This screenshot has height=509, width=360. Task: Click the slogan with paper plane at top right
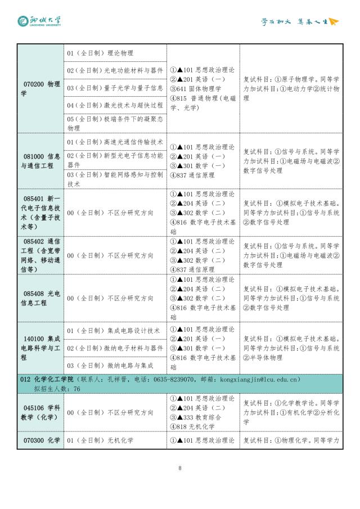300,22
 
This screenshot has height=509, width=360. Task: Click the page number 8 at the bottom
179,468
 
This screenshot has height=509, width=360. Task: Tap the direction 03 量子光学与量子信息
115,88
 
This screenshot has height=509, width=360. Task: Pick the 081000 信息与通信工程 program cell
41,161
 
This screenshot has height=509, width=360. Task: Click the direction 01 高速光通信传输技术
115,142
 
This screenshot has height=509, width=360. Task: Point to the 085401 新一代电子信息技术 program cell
41,213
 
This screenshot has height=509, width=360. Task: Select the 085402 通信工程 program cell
41,255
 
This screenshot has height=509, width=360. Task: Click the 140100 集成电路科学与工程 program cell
41,348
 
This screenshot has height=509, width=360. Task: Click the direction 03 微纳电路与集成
110,366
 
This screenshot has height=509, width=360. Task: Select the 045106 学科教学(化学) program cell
41,412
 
